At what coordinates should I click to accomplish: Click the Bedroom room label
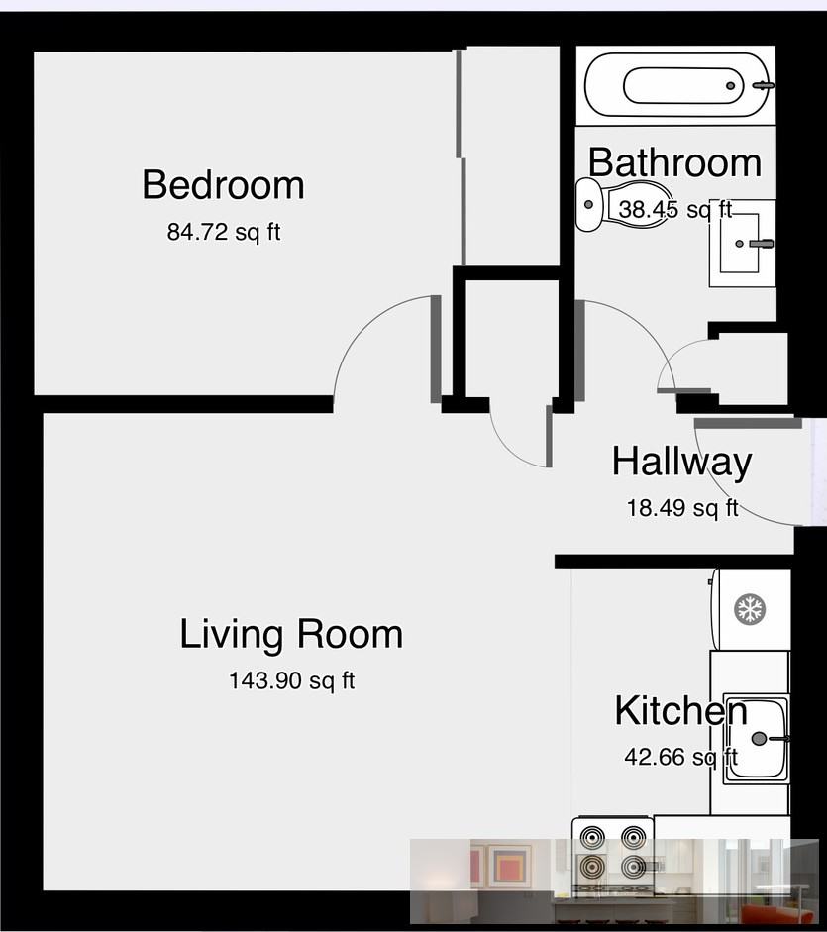click(223, 185)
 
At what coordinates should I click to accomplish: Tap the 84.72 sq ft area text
click(224, 233)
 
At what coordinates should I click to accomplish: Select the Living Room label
click(291, 634)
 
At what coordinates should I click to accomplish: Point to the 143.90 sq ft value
click(291, 681)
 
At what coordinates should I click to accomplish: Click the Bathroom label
click(674, 162)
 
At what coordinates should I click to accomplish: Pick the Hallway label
click(681, 462)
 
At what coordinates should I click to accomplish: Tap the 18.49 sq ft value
click(681, 508)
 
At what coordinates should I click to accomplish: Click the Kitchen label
click(680, 711)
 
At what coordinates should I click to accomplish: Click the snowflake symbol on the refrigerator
click(750, 608)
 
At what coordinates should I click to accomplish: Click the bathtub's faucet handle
click(763, 86)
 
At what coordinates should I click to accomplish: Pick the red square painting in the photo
click(510, 866)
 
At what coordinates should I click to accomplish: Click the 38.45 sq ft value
click(674, 210)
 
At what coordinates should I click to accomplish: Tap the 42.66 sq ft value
click(680, 758)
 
